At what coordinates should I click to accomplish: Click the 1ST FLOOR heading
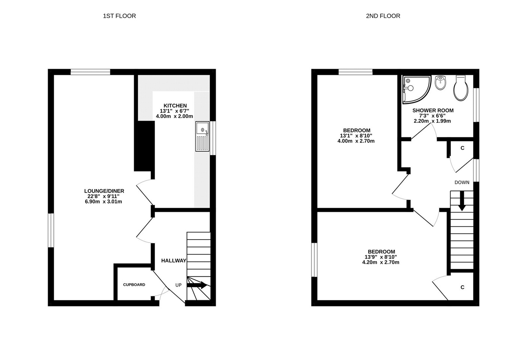point(119,16)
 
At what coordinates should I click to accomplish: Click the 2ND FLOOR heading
point(383,16)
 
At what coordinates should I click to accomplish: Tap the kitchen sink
point(202,136)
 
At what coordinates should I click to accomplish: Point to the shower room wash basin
point(440,82)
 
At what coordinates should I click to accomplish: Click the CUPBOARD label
point(134,285)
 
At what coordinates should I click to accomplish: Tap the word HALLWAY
point(174,261)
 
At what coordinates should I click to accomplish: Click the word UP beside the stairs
point(178,285)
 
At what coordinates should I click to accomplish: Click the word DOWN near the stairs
point(462,183)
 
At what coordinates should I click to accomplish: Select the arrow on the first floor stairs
point(197,285)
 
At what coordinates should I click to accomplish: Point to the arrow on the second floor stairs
point(462,201)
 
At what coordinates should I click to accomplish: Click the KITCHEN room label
point(175,105)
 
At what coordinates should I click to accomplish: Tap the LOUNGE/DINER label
point(104,191)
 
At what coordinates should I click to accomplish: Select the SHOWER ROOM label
point(433,110)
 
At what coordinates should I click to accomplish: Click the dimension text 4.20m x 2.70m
point(381,262)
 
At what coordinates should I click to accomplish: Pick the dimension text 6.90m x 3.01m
point(103,201)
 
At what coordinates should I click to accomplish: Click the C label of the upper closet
point(462,148)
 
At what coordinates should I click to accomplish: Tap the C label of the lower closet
point(462,288)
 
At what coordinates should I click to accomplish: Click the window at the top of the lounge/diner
point(90,72)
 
